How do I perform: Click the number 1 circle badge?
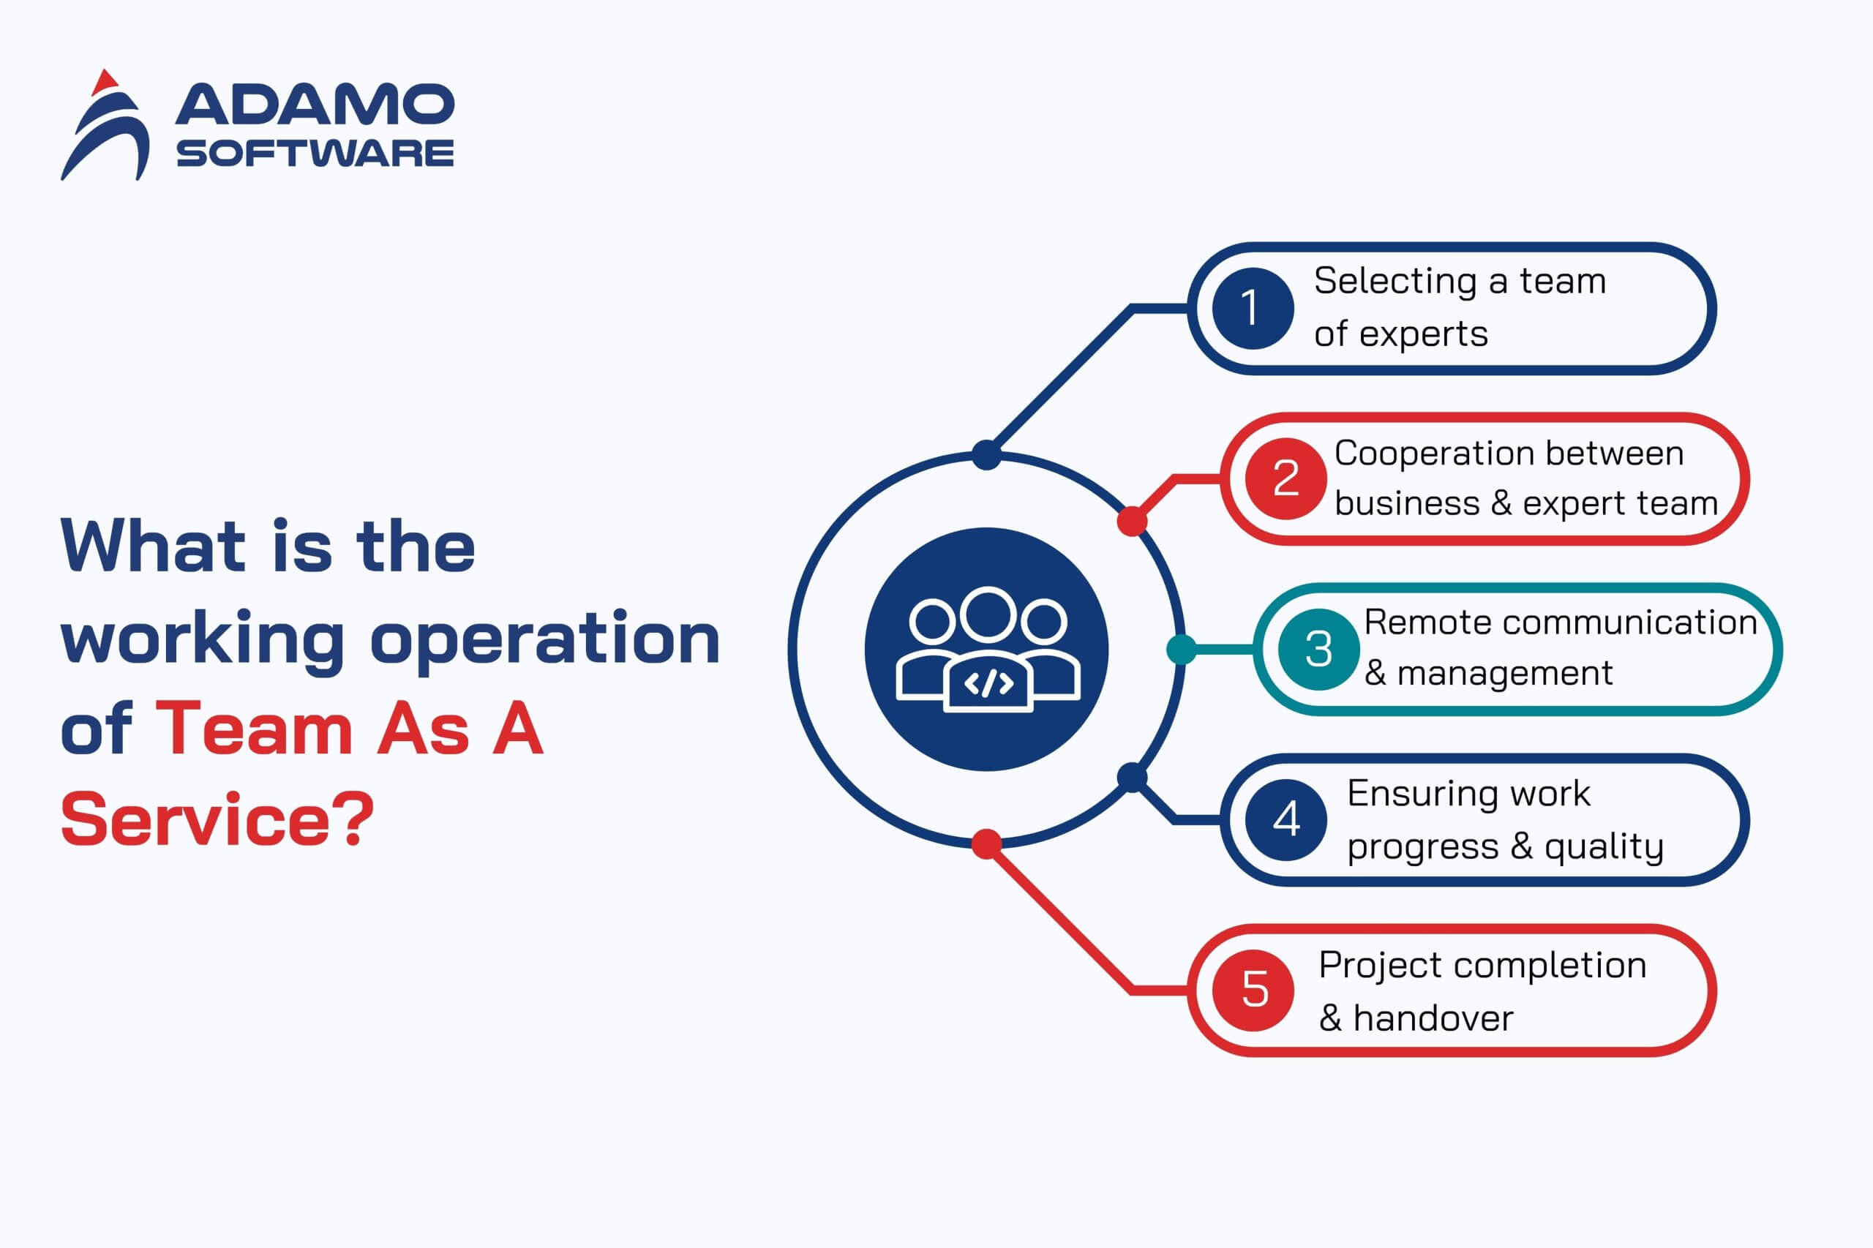[1253, 308]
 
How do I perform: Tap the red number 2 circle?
[1285, 478]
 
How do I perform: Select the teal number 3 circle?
[1318, 649]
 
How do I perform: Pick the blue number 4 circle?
[1285, 820]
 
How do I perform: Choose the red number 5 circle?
[1253, 990]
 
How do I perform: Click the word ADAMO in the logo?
[315, 105]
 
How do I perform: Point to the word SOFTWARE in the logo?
[315, 153]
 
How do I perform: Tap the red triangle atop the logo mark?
[105, 82]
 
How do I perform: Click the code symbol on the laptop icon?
[988, 684]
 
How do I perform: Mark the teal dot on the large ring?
[1182, 650]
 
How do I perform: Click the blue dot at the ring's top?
[986, 454]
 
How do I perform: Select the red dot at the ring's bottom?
[986, 843]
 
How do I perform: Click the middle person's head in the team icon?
[988, 614]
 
